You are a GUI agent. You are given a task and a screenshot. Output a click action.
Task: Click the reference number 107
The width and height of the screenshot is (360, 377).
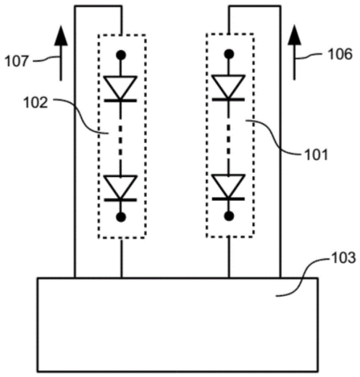coord(17,61)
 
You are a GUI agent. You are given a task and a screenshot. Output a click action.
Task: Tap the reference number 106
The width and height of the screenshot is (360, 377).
coord(340,54)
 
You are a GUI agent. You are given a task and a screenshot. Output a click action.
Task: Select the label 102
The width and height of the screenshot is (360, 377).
coord(35,103)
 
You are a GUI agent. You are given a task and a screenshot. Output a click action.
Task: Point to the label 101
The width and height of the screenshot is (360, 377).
coord(317,154)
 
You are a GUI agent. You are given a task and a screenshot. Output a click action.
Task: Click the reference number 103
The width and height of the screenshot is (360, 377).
coord(344,257)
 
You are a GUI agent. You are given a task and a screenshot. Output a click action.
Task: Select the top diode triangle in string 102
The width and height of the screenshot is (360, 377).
coord(120,87)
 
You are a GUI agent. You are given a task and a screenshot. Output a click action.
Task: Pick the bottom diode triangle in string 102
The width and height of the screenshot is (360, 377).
coord(120,187)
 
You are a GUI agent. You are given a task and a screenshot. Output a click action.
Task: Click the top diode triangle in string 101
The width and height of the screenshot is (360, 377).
coord(229,86)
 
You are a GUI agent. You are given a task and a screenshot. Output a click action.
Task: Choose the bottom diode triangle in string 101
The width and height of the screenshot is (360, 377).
coord(229,186)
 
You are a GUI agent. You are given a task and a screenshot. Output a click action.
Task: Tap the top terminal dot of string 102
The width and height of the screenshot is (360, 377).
coord(121,55)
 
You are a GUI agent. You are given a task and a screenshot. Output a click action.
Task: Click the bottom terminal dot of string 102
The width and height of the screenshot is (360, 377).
coord(121,217)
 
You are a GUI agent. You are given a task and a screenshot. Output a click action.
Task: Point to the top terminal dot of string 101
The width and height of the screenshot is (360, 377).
coord(229,54)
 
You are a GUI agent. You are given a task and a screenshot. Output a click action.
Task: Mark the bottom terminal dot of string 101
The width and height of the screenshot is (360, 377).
coord(229,216)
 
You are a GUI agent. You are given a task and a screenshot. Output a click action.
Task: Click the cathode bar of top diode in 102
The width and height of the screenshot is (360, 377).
coord(120,100)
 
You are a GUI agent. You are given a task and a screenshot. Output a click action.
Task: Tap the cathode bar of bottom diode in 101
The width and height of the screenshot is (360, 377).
coord(228,199)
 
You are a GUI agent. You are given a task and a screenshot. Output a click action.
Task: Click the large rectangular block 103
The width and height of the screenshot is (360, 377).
coord(177,325)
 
